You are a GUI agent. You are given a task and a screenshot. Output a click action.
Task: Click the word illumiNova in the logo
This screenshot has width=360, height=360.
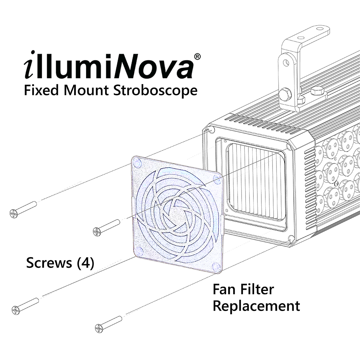[x=108, y=67]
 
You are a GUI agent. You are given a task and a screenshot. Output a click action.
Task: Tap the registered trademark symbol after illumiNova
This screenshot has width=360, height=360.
[x=197, y=57]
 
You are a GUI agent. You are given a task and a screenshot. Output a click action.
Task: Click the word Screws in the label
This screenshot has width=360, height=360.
[x=49, y=263]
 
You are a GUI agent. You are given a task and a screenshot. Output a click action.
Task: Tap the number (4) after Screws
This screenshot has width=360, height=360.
[x=86, y=263]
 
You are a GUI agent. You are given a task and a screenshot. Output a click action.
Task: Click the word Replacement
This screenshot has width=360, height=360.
[x=256, y=306]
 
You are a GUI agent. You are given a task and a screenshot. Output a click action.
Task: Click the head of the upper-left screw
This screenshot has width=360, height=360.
[x=13, y=214]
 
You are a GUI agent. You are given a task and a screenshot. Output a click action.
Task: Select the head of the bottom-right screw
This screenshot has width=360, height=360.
[x=99, y=328]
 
